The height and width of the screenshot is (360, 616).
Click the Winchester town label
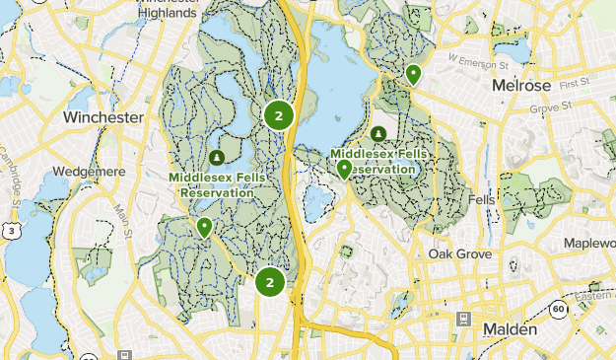click(x=103, y=117)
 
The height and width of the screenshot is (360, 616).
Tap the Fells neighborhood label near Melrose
click(x=482, y=199)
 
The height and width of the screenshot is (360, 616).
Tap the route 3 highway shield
click(x=10, y=231)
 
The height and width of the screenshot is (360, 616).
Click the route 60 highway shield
click(x=559, y=309)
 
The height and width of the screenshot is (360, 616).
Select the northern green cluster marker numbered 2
click(x=279, y=116)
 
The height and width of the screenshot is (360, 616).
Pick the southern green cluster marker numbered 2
click(x=269, y=283)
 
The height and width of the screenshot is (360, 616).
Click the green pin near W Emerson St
click(x=414, y=73)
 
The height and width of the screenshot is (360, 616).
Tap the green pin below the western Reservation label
click(x=204, y=227)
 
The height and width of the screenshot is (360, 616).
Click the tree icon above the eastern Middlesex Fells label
click(x=378, y=134)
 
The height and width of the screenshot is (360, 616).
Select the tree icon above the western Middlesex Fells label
click(x=216, y=158)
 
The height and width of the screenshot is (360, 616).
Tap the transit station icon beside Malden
click(x=462, y=320)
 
